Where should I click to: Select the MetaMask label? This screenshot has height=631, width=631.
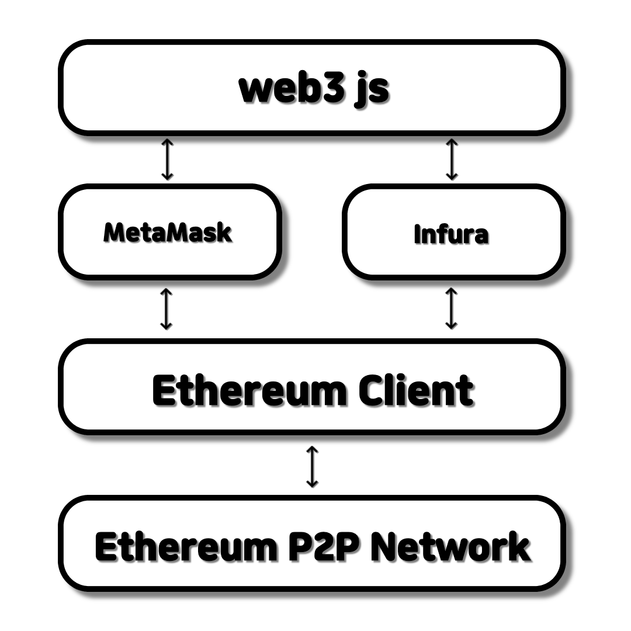tap(168, 233)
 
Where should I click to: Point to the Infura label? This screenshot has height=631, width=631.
tap(451, 234)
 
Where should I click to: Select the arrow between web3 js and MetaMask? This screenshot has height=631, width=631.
tap(168, 159)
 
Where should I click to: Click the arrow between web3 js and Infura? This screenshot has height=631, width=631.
tap(451, 159)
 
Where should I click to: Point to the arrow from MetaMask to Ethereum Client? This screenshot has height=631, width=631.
tap(167, 308)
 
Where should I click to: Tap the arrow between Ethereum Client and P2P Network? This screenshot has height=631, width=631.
tap(313, 466)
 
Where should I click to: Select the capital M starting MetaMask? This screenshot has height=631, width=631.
tap(113, 233)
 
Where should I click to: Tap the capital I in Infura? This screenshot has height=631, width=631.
tap(417, 234)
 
